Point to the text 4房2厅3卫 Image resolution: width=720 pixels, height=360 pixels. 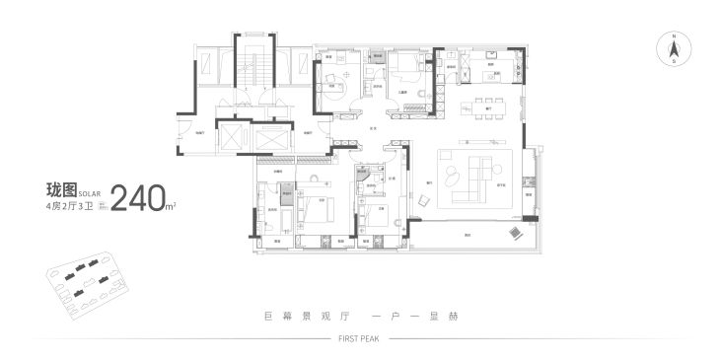74,207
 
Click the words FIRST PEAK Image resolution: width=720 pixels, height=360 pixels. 360,336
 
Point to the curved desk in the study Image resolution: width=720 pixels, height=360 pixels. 337,85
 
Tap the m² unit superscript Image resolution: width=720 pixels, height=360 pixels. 172,205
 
